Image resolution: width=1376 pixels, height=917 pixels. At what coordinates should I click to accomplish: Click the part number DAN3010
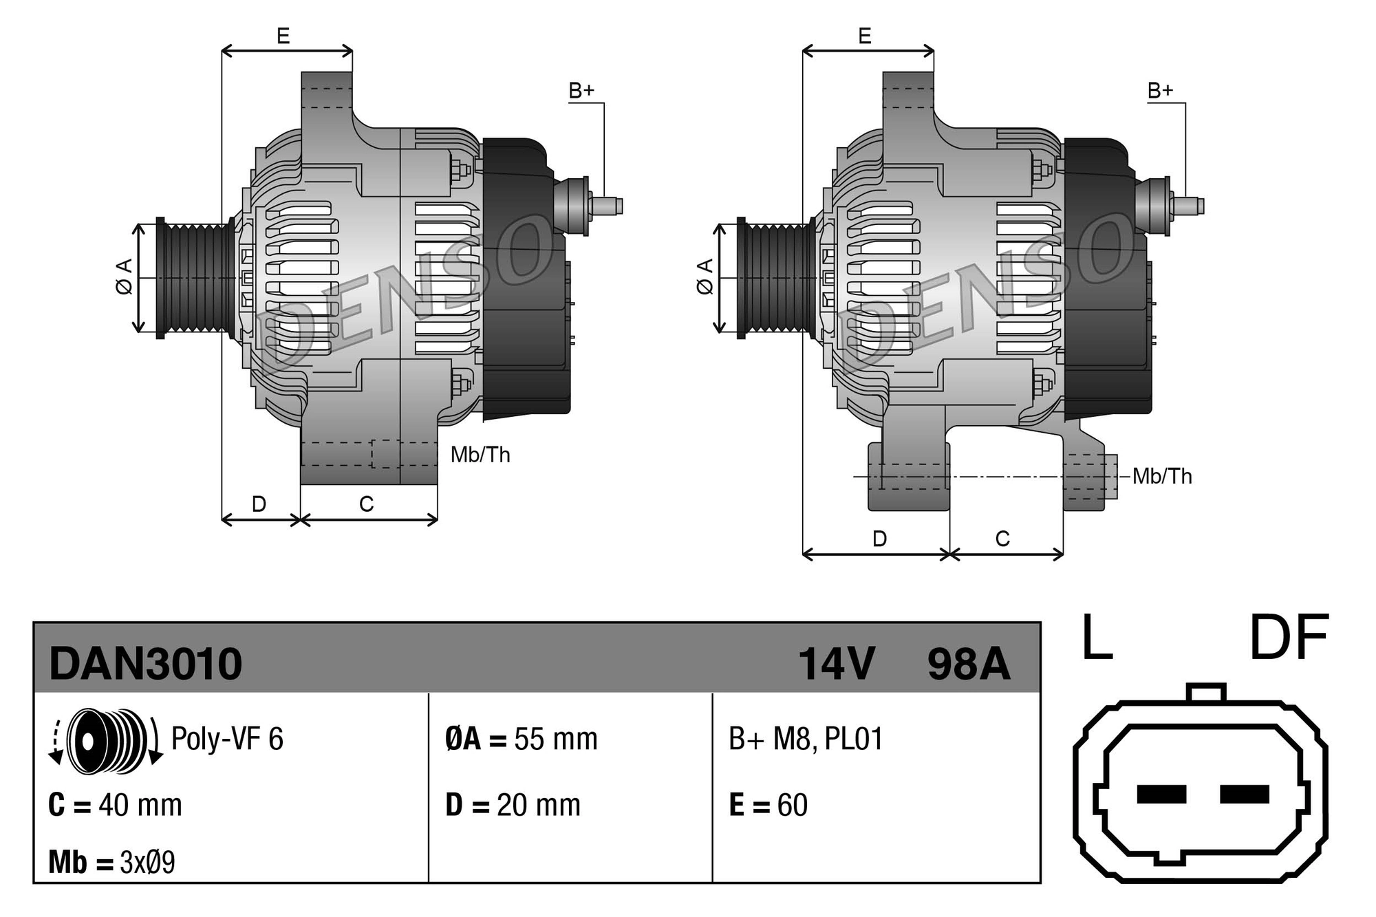tap(145, 664)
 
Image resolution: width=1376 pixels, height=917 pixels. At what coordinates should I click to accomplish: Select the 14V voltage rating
tap(836, 664)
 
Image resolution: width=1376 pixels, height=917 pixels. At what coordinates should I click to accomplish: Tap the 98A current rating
tap(968, 664)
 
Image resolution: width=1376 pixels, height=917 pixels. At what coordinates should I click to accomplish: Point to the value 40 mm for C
tap(140, 805)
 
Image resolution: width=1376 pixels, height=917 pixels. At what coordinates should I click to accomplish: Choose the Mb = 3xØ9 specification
tap(111, 862)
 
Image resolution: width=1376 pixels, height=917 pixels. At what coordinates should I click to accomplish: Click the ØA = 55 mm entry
tap(521, 739)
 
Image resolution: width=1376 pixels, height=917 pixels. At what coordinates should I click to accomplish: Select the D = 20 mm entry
tap(513, 805)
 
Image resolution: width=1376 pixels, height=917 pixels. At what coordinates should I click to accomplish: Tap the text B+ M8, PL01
tap(805, 739)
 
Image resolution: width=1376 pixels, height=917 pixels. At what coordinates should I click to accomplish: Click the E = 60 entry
tap(768, 805)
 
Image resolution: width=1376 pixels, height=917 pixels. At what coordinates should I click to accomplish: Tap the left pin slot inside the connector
tap(1161, 794)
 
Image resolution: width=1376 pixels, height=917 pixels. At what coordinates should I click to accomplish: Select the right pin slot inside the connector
tap(1244, 794)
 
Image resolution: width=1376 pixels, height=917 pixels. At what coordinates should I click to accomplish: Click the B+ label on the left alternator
tap(581, 91)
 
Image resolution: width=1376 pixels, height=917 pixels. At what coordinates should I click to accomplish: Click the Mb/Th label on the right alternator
tap(1162, 476)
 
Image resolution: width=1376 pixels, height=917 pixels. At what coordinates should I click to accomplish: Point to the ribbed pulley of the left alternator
tap(196, 278)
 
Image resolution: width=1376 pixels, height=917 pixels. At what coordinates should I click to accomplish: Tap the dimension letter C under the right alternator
tap(1002, 539)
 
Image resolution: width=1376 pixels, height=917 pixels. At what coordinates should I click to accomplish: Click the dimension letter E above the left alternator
tap(283, 36)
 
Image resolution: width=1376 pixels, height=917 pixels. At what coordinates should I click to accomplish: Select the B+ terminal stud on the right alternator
tap(1189, 206)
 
